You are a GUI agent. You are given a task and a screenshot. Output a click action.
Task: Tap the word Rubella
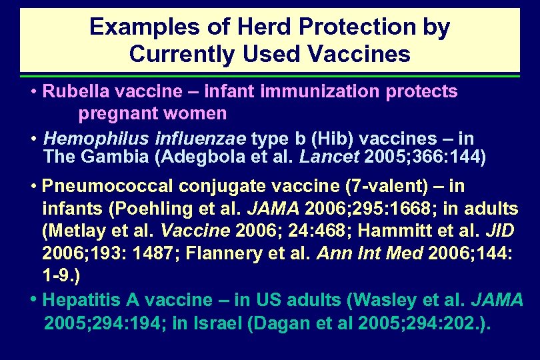pyautogui.click(x=70, y=91)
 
